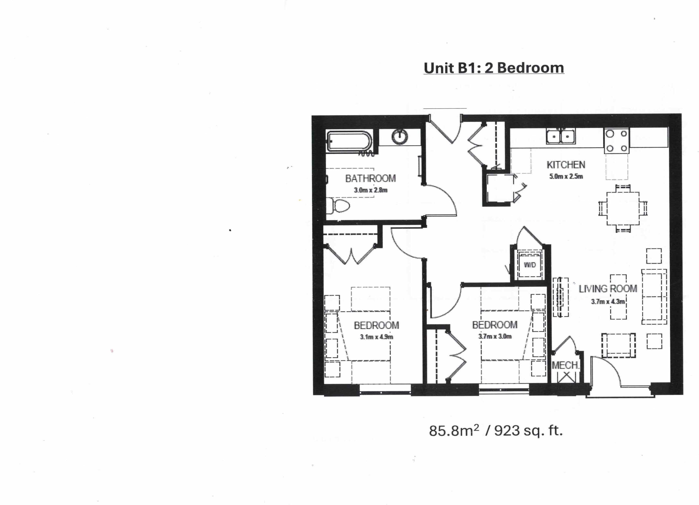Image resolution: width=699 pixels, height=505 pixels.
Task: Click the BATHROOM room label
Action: click(x=370, y=179)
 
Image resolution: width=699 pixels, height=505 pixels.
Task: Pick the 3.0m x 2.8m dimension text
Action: click(x=370, y=190)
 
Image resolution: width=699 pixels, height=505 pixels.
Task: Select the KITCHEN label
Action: click(x=566, y=165)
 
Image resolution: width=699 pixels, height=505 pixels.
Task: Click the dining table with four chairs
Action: click(x=623, y=208)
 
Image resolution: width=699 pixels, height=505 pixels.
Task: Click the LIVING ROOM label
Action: click(x=608, y=289)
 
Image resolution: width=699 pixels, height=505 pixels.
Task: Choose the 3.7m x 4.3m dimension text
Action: click(x=608, y=302)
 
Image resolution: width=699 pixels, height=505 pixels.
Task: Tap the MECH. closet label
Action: click(x=565, y=365)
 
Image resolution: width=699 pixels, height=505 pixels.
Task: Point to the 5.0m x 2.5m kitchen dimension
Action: click(x=566, y=177)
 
